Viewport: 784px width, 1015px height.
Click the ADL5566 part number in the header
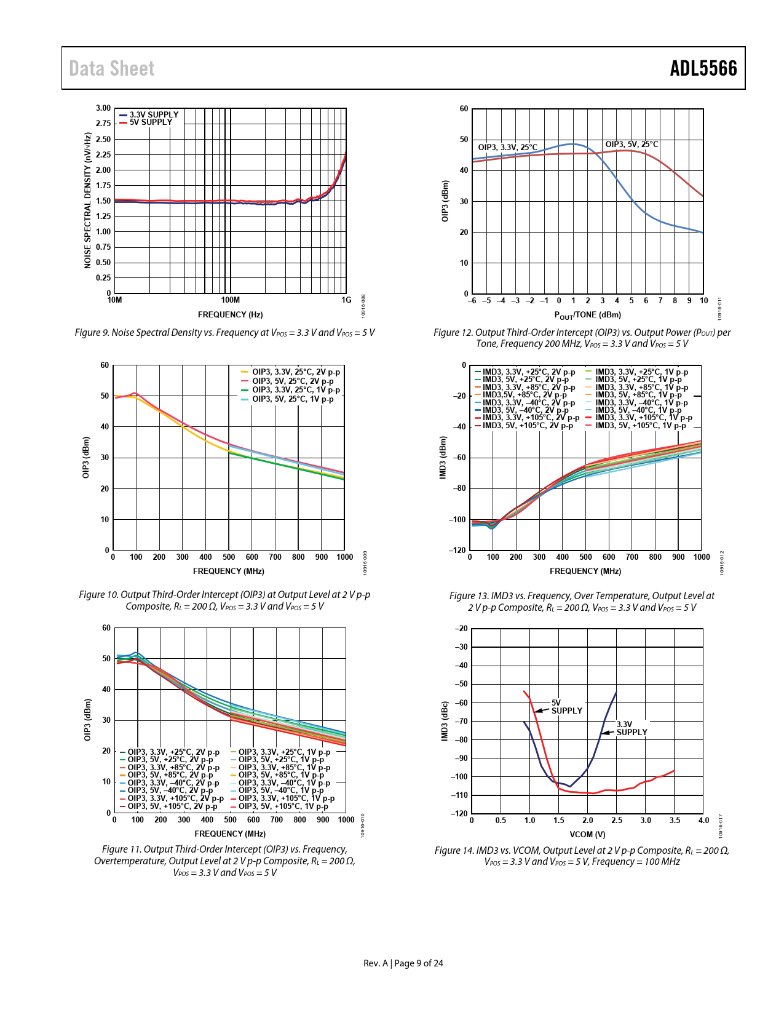pyautogui.click(x=703, y=68)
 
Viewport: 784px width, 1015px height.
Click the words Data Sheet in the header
pyautogui.click(x=111, y=68)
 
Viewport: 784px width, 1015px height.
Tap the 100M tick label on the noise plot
pyautogui.click(x=230, y=300)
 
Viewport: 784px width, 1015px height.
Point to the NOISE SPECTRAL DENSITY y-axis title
pyautogui.click(x=87, y=201)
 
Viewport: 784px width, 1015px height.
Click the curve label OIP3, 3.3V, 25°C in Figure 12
pyautogui.click(x=507, y=148)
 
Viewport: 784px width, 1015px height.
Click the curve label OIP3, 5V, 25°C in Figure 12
pyautogui.click(x=632, y=145)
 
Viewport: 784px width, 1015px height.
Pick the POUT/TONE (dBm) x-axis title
pyautogui.click(x=587, y=315)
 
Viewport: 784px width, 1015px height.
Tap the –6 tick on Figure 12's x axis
pyautogui.click(x=472, y=301)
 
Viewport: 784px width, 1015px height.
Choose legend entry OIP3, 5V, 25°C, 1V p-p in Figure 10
pyautogui.click(x=293, y=399)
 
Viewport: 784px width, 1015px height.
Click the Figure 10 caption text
pyautogui.click(x=224, y=600)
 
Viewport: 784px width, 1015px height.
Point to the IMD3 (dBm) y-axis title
pyautogui.click(x=443, y=457)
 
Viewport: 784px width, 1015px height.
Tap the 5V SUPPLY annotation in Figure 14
pyautogui.click(x=566, y=707)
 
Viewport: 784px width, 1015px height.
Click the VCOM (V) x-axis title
pyautogui.click(x=587, y=835)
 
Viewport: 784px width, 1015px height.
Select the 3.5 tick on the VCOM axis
pyautogui.click(x=675, y=820)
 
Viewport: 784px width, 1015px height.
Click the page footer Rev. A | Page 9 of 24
pyautogui.click(x=403, y=963)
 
